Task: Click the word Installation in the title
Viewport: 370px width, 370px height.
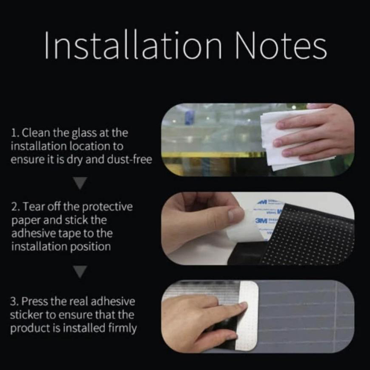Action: (x=133, y=45)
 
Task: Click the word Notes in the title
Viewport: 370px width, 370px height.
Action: (x=281, y=45)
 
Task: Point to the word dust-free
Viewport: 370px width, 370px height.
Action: (x=129, y=160)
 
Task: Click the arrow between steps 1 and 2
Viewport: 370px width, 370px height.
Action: (x=80, y=183)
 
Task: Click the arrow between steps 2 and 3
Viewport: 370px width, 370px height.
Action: (x=80, y=272)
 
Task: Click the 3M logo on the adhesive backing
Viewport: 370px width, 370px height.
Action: (x=261, y=221)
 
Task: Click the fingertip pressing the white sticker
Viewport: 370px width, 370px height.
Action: (x=242, y=306)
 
